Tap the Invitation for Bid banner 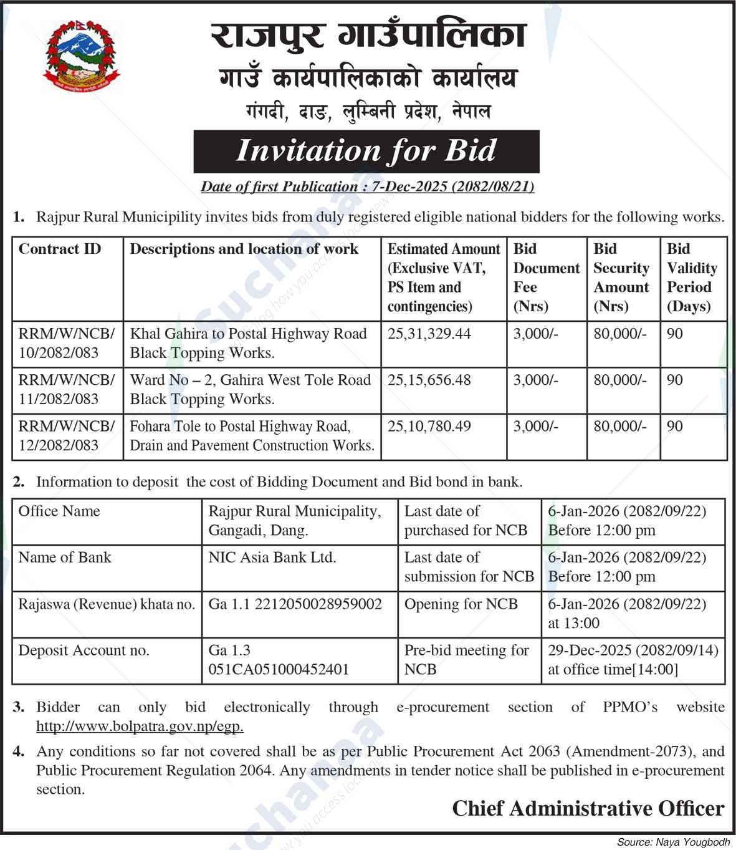[366, 151]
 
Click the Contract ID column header [60, 249]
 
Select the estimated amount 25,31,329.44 [429, 334]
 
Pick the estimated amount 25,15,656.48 [429, 380]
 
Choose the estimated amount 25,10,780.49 [429, 426]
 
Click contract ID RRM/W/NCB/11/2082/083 [66, 389]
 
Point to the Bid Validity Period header [692, 278]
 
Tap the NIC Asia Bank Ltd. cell [272, 557]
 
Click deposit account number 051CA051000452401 [279, 669]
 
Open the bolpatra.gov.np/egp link [140, 726]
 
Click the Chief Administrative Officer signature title [588, 808]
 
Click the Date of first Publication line [367, 186]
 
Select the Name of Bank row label [65, 557]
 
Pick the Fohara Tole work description [252, 435]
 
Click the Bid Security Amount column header [621, 278]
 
